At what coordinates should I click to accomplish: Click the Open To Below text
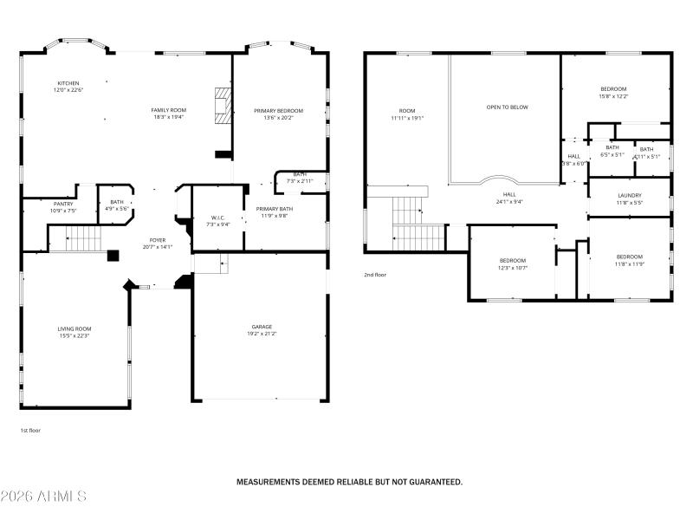[507, 107]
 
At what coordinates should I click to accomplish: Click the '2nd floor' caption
[375, 275]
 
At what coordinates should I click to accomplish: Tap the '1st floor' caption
[30, 430]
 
